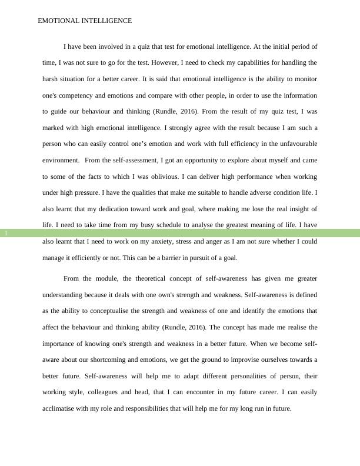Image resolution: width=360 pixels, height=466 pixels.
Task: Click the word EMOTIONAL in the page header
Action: coord(58,21)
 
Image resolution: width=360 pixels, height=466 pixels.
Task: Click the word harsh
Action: coord(52,78)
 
